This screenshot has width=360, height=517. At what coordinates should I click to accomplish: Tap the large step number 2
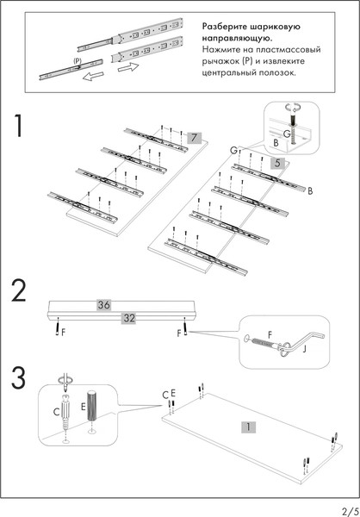point(18,290)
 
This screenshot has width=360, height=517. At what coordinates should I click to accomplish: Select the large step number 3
point(18,378)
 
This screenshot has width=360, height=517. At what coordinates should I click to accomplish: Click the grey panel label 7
point(194,138)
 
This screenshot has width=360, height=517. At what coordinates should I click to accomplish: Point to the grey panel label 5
point(277,164)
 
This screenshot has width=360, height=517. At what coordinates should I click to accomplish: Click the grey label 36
point(104,305)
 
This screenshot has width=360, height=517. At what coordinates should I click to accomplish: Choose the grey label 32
point(128,318)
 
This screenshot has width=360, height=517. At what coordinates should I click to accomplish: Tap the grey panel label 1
point(249,427)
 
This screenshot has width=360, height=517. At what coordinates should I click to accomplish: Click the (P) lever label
point(78,60)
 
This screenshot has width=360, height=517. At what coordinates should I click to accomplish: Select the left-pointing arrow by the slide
point(93,77)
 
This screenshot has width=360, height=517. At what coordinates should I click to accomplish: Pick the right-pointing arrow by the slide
point(128,67)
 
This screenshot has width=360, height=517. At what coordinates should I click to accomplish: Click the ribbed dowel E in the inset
point(90,405)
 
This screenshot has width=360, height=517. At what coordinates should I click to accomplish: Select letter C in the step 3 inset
point(56,412)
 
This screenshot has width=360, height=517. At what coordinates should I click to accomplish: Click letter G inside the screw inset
point(287,134)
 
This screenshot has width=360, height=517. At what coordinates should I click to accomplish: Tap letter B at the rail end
point(310,191)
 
